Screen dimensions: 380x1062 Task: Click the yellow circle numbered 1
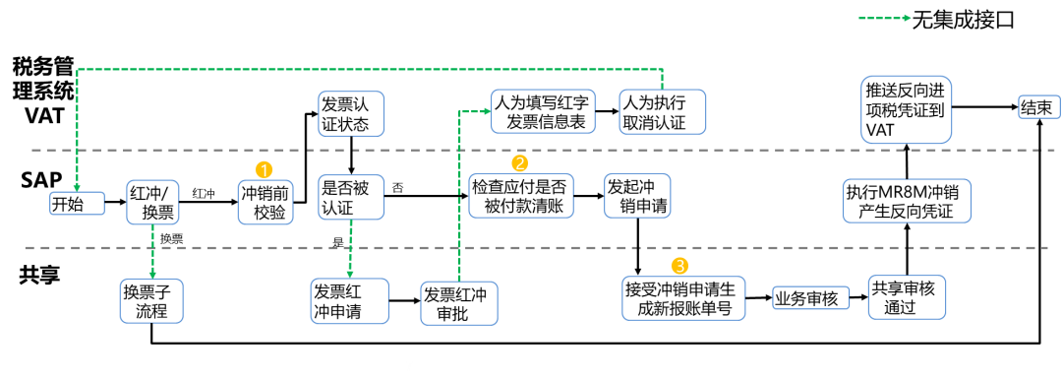click(x=264, y=169)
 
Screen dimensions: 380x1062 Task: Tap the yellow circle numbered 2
click(x=519, y=163)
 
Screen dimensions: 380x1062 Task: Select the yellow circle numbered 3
click(x=678, y=266)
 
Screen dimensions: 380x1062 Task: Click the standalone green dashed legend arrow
click(x=884, y=18)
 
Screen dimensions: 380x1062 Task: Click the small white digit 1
click(x=310, y=121)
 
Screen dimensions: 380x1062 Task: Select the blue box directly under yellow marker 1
click(x=265, y=202)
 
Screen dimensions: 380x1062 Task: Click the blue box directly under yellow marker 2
click(x=520, y=195)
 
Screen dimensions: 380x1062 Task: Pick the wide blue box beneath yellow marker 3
click(x=683, y=298)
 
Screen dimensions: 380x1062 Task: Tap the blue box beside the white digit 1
click(x=351, y=113)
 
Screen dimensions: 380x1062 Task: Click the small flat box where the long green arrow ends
click(x=77, y=203)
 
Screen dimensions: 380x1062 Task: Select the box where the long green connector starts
click(x=662, y=111)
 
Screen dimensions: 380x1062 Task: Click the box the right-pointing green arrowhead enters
click(x=543, y=111)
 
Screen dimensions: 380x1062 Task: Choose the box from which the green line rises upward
click(x=458, y=303)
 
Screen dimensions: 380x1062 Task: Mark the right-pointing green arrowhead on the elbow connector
click(x=486, y=111)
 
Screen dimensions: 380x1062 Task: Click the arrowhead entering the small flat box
click(x=77, y=187)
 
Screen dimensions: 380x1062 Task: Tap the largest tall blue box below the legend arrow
click(x=906, y=109)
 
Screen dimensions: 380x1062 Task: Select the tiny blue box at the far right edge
click(x=1038, y=106)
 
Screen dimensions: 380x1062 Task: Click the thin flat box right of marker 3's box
click(x=810, y=297)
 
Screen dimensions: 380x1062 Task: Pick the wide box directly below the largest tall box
click(x=907, y=201)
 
